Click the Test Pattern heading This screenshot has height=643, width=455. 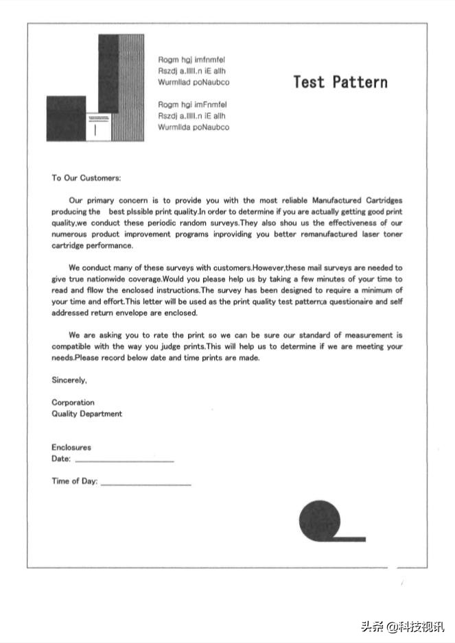tap(340, 82)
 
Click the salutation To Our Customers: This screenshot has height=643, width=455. tap(86, 178)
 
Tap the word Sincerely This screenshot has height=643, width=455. tap(69, 380)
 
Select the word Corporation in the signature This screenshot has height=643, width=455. tap(73, 402)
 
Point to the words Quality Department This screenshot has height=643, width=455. tap(86, 414)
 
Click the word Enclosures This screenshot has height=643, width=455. tap(71, 448)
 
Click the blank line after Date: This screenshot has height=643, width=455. tap(124, 460)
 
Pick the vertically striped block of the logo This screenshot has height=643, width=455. tap(131, 88)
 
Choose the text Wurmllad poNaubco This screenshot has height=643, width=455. tap(194, 83)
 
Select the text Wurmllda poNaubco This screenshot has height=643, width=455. tap(194, 128)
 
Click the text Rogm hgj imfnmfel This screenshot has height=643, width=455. tap(191, 60)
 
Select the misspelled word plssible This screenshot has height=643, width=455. tap(139, 212)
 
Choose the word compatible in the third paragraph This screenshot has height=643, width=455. tap(71, 347)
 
